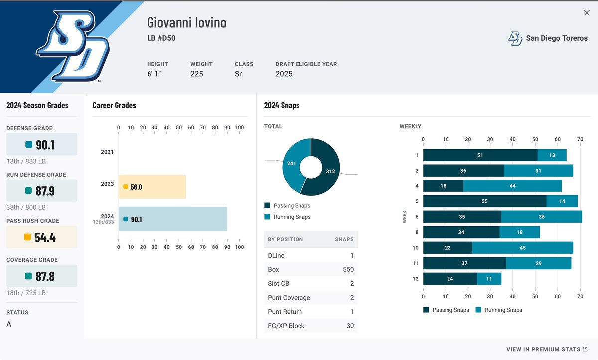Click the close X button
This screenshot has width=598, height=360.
tap(587, 13)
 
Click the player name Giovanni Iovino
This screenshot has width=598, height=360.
tap(187, 22)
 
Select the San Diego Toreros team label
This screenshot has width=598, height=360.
tap(557, 38)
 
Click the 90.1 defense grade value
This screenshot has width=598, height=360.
tap(45, 145)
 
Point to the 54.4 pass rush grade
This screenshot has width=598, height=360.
tap(45, 237)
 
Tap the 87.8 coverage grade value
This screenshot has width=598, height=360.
tap(45, 276)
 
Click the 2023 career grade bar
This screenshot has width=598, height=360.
tap(152, 187)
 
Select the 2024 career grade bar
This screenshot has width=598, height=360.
tap(172, 219)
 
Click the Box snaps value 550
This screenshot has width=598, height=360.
tap(348, 269)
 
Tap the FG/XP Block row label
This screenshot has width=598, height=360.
tap(286, 326)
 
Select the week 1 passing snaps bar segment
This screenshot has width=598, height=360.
tap(480, 155)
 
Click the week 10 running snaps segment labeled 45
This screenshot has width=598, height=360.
tap(522, 248)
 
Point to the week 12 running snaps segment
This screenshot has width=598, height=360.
tap(489, 279)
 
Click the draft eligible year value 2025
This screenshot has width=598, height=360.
tap(284, 74)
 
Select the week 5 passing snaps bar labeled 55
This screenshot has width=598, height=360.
tap(484, 201)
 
